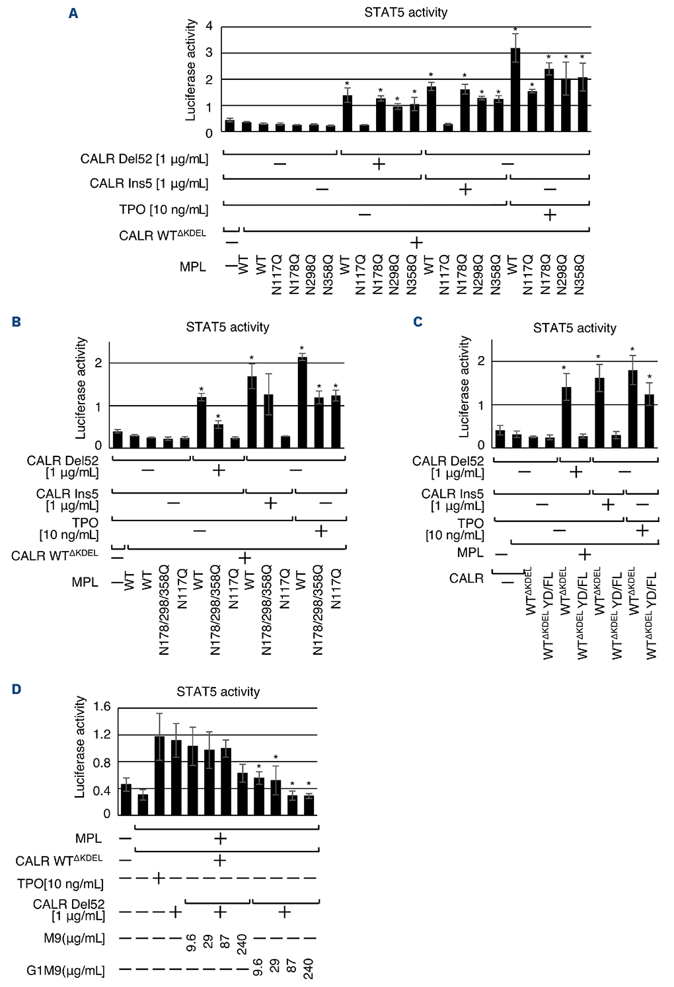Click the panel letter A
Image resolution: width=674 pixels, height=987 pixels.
(73, 13)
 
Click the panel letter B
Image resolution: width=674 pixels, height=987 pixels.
(17, 322)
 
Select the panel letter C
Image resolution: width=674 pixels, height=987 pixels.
(418, 322)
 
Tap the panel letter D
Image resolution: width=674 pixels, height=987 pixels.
(17, 689)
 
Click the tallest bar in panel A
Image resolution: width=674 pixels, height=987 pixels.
(515, 89)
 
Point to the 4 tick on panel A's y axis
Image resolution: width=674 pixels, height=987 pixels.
(209, 26)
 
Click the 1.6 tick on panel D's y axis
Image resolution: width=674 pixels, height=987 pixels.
(102, 707)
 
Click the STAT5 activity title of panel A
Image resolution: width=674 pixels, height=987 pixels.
(406, 13)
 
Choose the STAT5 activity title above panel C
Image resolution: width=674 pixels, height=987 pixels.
(574, 328)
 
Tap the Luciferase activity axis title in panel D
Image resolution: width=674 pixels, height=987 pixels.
(80, 747)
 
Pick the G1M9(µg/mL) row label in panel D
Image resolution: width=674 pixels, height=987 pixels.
(65, 970)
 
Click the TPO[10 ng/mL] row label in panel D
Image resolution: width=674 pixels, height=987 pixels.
(60, 884)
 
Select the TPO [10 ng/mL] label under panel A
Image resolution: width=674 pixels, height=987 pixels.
(163, 209)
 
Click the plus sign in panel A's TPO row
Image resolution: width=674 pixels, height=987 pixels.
(549, 215)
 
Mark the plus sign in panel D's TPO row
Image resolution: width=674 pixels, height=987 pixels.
(159, 878)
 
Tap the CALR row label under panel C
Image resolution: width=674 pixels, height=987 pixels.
(466, 578)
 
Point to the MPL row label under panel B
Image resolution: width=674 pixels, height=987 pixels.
(85, 582)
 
